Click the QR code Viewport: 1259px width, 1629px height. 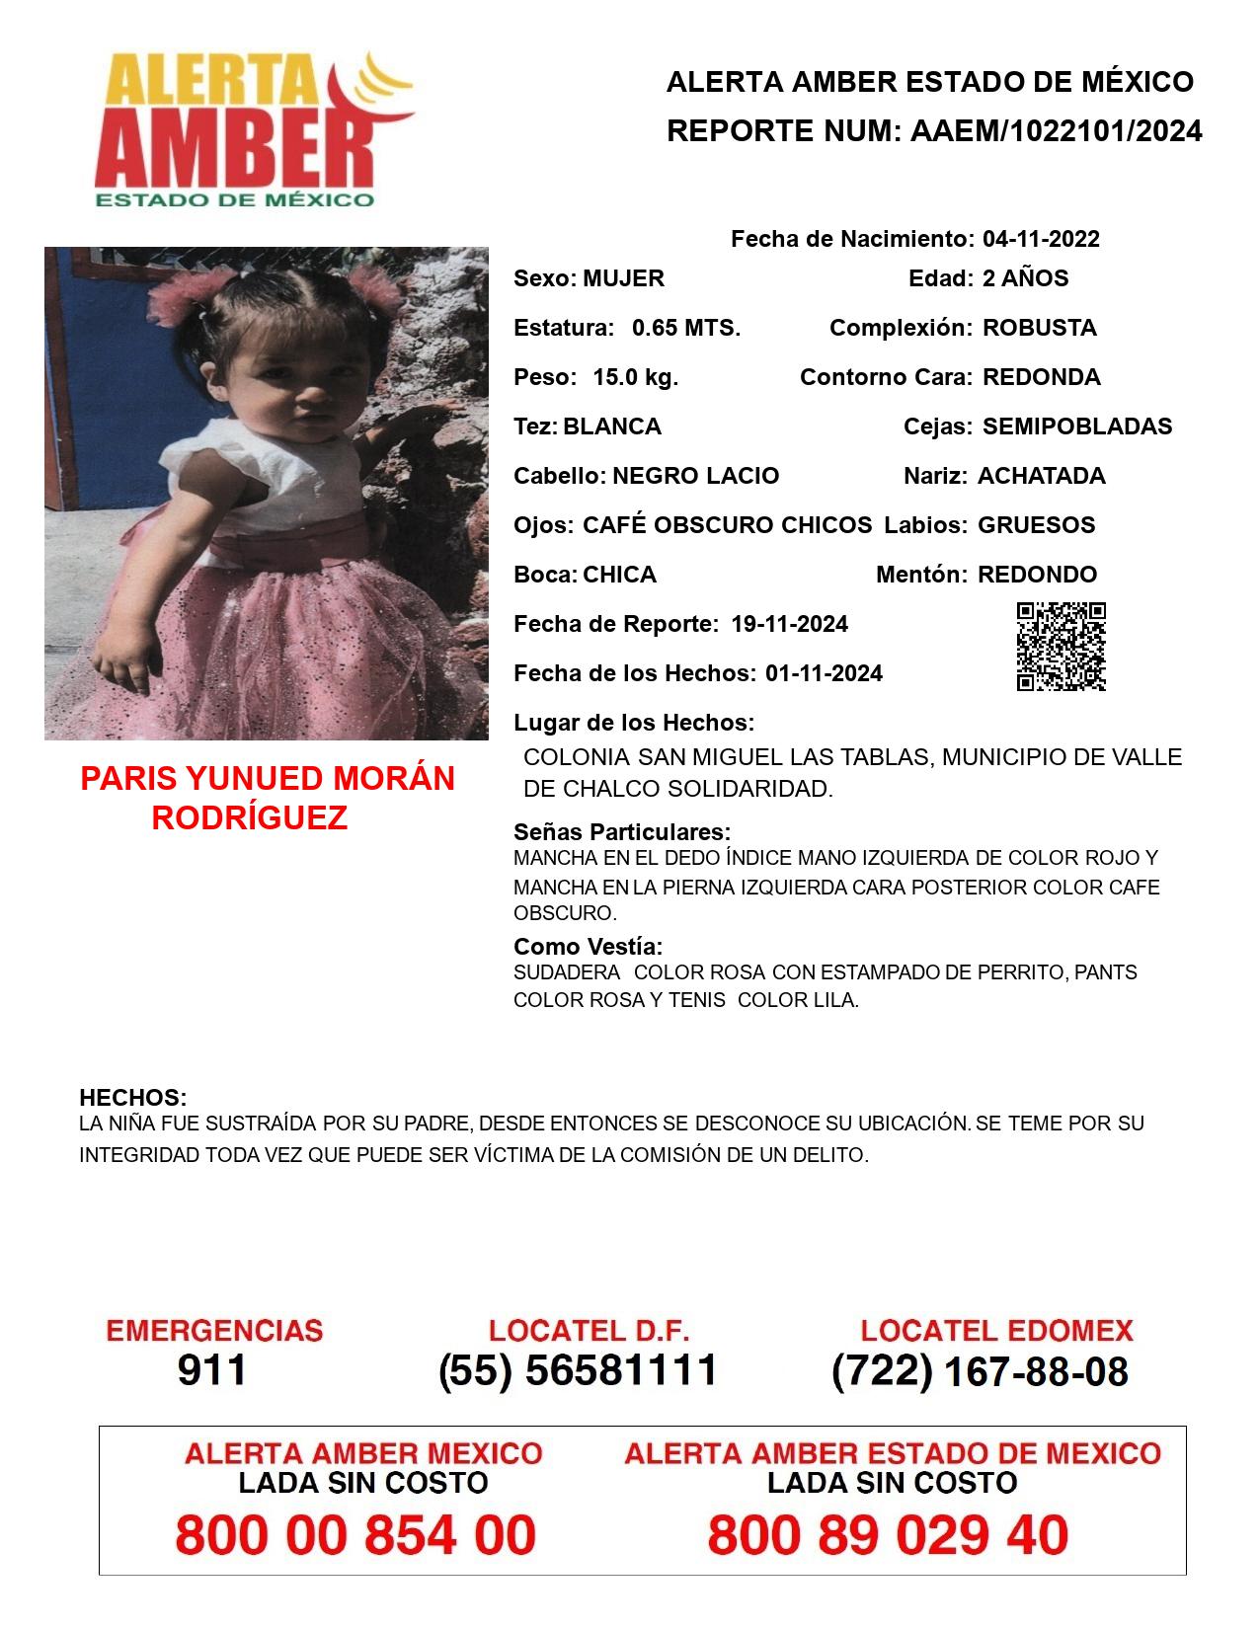coord(1061,647)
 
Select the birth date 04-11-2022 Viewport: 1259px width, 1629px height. coord(1041,239)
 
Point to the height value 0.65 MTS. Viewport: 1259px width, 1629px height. coord(686,328)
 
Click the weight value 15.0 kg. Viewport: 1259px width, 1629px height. coord(635,377)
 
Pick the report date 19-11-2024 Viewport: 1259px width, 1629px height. coord(789,624)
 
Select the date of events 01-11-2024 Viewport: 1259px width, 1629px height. coord(824,673)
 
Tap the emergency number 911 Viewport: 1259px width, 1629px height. coord(212,1370)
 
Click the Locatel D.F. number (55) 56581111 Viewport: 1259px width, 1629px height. coord(578,1370)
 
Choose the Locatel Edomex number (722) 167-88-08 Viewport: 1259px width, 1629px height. coord(980,1371)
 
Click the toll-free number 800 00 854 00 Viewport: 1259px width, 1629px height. coord(355,1535)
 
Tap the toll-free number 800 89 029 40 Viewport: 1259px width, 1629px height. coord(888,1535)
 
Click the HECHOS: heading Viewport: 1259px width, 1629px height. coord(132,1098)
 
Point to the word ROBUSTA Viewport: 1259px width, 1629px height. coord(1040,328)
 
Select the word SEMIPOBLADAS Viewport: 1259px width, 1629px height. coord(1077,427)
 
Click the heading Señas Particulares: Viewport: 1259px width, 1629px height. coord(622,831)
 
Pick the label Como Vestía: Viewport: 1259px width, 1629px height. coord(588,947)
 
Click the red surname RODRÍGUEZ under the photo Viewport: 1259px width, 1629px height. coord(250,818)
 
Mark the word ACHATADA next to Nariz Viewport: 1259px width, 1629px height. coord(1042,476)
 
